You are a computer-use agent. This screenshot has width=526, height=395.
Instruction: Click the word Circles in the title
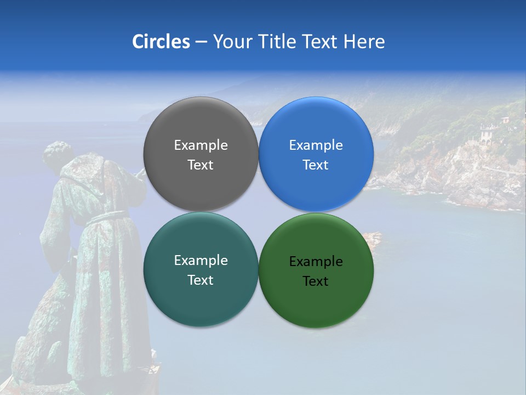(161, 42)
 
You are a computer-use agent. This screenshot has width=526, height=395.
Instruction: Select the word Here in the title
(364, 42)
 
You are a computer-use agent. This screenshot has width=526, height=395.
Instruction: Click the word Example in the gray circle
(201, 145)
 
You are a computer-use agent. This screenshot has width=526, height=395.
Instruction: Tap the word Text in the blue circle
(316, 165)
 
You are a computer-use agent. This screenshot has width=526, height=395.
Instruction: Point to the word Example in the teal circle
(201, 261)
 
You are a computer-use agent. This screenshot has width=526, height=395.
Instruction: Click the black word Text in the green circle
(316, 281)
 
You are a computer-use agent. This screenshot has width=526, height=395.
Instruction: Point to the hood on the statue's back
(82, 176)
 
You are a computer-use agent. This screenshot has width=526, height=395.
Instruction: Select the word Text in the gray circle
(201, 165)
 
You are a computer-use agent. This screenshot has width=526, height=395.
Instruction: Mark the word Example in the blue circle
(316, 145)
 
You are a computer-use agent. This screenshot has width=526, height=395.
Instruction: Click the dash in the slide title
(201, 42)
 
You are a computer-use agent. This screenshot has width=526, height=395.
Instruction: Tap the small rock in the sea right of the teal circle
(374, 239)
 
